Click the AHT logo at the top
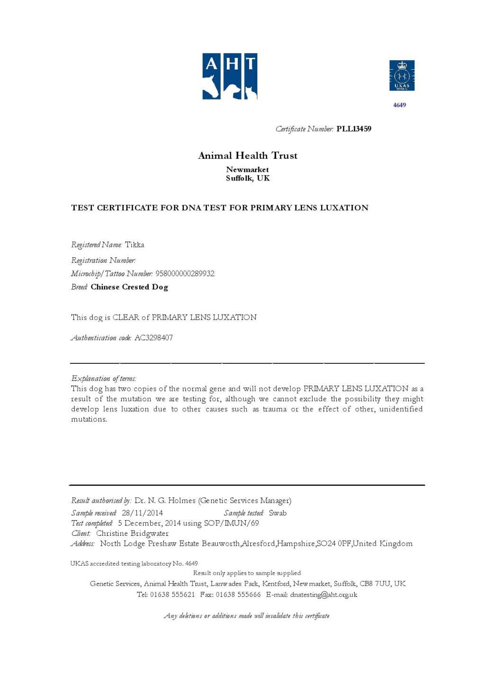pyautogui.click(x=230, y=76)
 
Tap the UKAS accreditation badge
pyautogui.click(x=402, y=75)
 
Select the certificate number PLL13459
pyautogui.click(x=354, y=129)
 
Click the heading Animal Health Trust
pyautogui.click(x=248, y=155)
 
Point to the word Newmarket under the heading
pyautogui.click(x=247, y=170)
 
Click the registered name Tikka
pyautogui.click(x=135, y=245)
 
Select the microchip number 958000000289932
pyautogui.click(x=185, y=274)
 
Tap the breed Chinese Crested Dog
pyautogui.click(x=129, y=287)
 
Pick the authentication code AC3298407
pyautogui.click(x=153, y=338)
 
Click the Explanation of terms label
pyautogui.click(x=104, y=379)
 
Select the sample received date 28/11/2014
pyautogui.click(x=142, y=513)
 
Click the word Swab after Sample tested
pyautogui.click(x=278, y=513)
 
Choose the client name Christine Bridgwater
pyautogui.click(x=132, y=533)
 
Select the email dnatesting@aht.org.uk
pyautogui.click(x=323, y=595)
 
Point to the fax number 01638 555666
pyautogui.click(x=238, y=595)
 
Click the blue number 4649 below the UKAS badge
pyautogui.click(x=399, y=105)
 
